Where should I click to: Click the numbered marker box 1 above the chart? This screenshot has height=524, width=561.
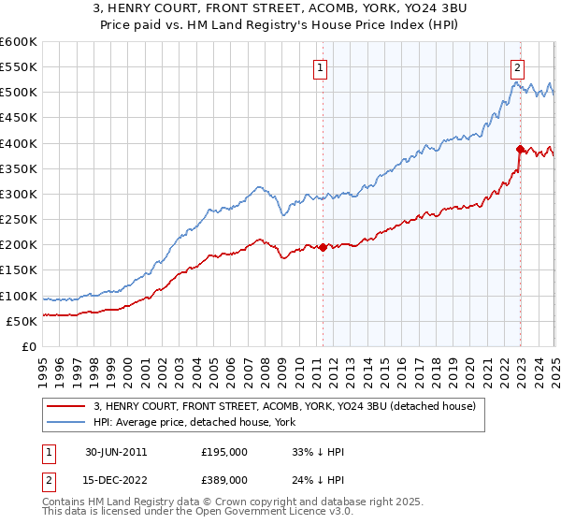point(321,66)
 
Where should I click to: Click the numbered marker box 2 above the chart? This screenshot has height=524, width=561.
point(517,66)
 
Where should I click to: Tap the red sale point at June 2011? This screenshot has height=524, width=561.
point(323,247)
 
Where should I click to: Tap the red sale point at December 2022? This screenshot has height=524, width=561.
point(520,149)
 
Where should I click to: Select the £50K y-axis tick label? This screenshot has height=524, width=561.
point(22,321)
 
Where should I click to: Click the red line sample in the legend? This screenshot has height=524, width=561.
point(66,405)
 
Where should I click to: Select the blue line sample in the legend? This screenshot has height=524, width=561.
point(66,421)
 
